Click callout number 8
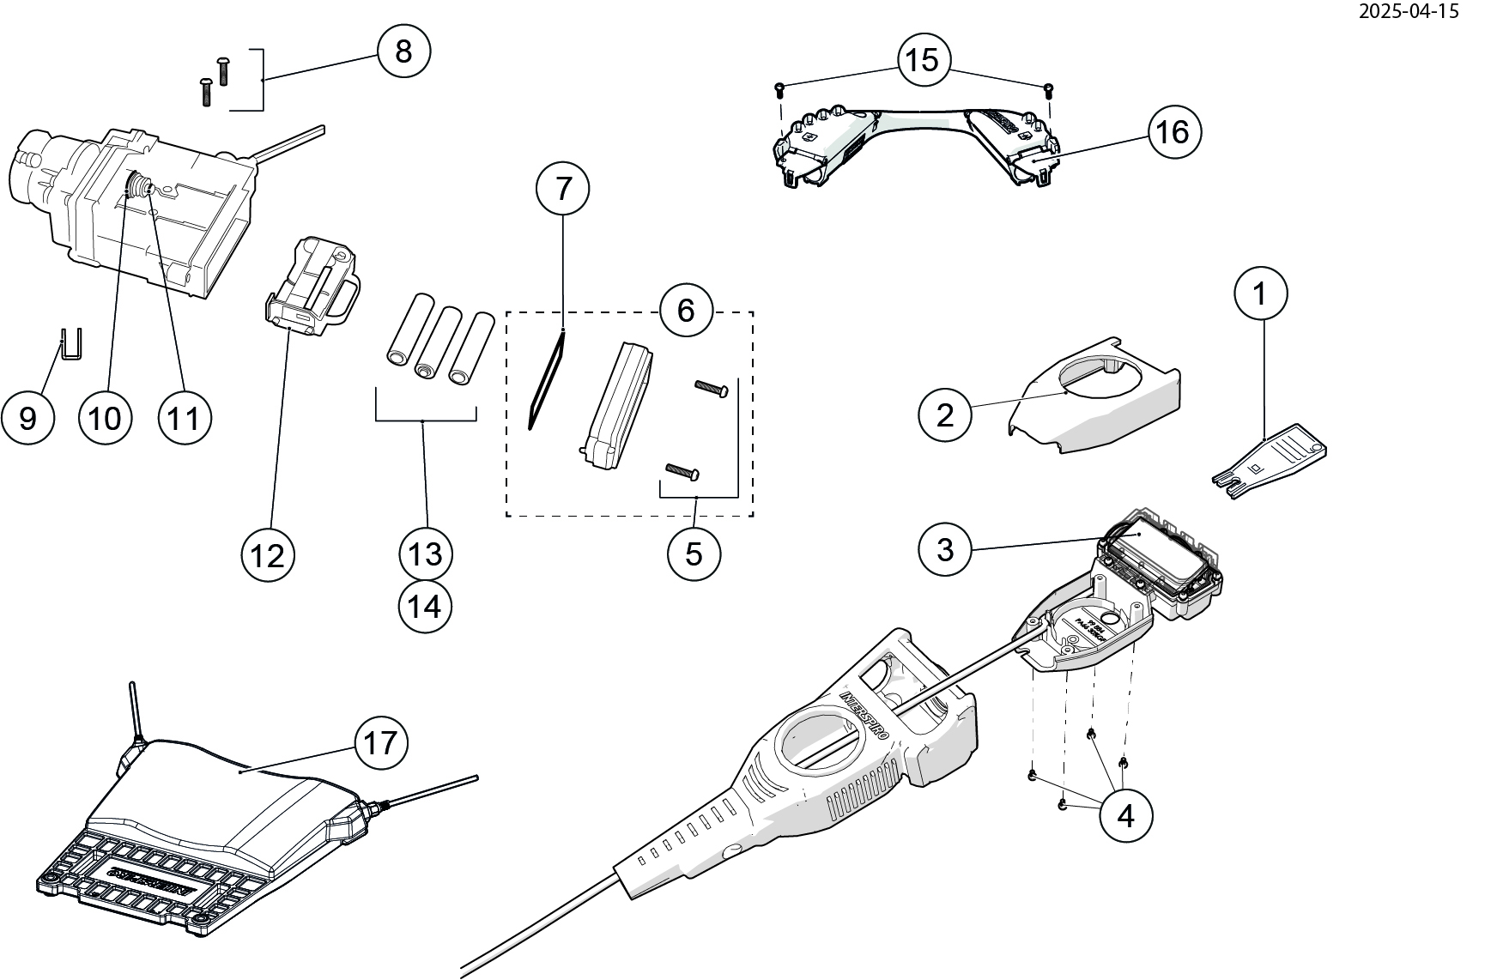coord(403,51)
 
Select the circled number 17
coord(380,743)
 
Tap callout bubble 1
coord(1260,294)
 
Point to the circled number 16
coord(1173,132)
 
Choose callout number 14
coord(425,607)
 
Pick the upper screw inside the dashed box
coord(712,390)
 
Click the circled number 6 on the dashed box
coord(686,310)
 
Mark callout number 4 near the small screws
coord(1125,815)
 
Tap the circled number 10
coord(105,418)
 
